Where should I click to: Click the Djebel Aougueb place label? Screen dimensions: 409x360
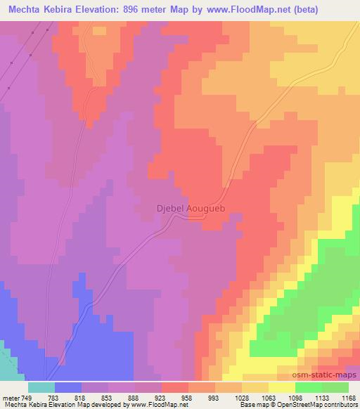[189, 209]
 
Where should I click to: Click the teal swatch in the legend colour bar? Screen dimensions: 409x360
[41, 387]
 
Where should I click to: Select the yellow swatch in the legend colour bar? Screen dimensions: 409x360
[282, 387]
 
